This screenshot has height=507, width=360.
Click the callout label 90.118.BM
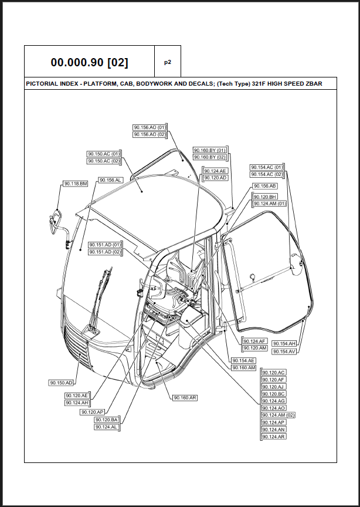point(76,184)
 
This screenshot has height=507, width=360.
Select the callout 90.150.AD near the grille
point(62,383)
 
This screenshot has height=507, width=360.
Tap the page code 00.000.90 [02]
point(90,62)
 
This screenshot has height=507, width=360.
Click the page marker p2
point(168,62)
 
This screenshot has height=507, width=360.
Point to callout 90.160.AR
point(185,398)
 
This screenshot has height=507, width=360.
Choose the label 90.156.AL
point(110,180)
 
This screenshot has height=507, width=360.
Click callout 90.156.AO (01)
point(150,127)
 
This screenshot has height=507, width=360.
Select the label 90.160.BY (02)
point(210,157)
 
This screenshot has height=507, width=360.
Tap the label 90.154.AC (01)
point(267,167)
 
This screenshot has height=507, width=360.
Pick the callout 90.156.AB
point(264,186)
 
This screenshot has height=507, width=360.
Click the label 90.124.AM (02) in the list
point(279,415)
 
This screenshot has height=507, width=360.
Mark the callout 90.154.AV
point(284,351)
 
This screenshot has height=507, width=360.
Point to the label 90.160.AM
point(244,368)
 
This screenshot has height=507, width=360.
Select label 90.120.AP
point(93,413)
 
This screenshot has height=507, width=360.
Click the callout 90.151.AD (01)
point(105,245)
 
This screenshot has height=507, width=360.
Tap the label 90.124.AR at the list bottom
point(274,437)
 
